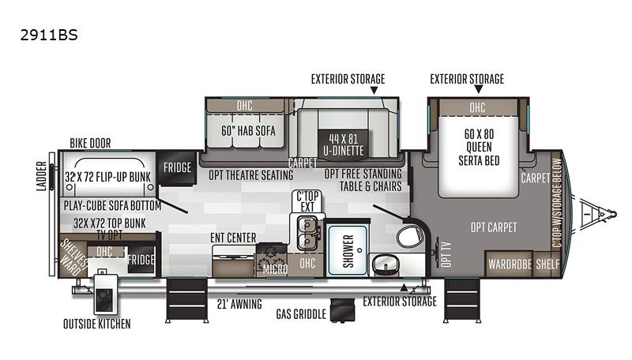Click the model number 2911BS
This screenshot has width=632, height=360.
point(49,35)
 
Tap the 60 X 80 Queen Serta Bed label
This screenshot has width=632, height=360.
point(479,147)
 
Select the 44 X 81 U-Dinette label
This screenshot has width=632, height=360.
point(343,144)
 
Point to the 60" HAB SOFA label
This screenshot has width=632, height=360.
point(248,130)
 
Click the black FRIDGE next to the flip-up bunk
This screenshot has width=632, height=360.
point(177,167)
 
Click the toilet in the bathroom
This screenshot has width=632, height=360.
point(410,236)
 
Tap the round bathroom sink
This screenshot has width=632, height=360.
point(385,265)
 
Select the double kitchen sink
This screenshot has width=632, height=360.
point(307,233)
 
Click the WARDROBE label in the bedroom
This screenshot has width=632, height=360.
point(510,264)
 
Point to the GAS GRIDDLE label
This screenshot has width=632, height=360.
point(301,314)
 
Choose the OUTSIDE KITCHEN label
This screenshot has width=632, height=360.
point(96,324)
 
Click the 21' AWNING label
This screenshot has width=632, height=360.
point(239,304)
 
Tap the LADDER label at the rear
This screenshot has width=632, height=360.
point(42,175)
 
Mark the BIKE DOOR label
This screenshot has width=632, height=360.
point(90,143)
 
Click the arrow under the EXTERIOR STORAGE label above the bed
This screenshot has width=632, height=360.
point(479,89)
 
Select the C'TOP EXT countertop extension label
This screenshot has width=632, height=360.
point(307,201)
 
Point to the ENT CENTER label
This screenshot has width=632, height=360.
point(233,238)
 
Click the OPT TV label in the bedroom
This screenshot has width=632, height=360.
point(446,254)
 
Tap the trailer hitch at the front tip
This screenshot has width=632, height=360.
point(599,213)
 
